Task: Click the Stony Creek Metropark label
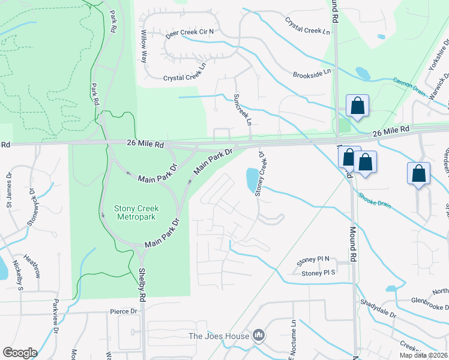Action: coord(137,213)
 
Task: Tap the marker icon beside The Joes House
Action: coord(259,335)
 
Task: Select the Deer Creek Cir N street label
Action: coord(190,34)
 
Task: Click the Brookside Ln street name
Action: coord(312,73)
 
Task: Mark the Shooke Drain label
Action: coord(375,200)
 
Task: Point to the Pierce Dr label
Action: coord(124,311)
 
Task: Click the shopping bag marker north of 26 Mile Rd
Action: coord(357,106)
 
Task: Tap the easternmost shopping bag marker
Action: coord(418,173)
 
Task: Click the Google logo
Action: coord(20,352)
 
